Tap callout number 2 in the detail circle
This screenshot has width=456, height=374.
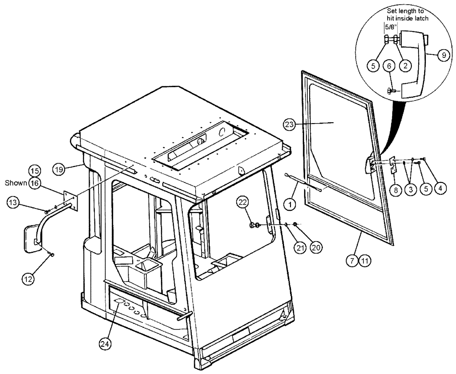404,65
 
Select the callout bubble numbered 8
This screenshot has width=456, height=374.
395,190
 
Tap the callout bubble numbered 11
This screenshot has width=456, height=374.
365,261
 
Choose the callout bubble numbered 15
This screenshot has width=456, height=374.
35,171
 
